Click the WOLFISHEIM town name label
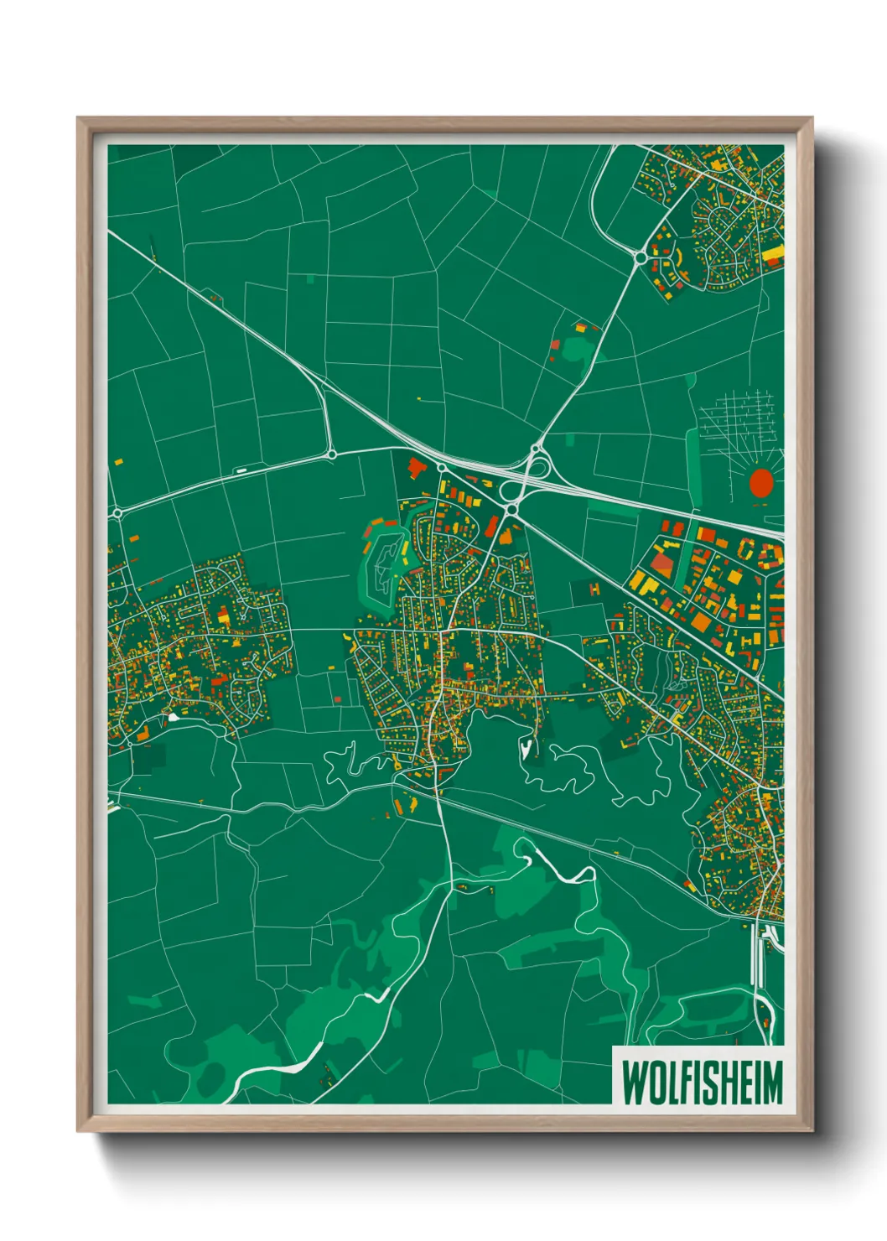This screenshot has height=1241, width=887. click(x=701, y=1083)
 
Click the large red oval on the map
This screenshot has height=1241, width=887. click(x=761, y=483)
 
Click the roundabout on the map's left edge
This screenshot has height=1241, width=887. click(x=117, y=512)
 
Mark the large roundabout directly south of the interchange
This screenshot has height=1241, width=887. click(x=511, y=509)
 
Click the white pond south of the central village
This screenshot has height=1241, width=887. click(x=526, y=745)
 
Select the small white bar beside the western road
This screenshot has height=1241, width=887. click(x=241, y=470)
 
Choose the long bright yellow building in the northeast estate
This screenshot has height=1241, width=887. click(x=774, y=252)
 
